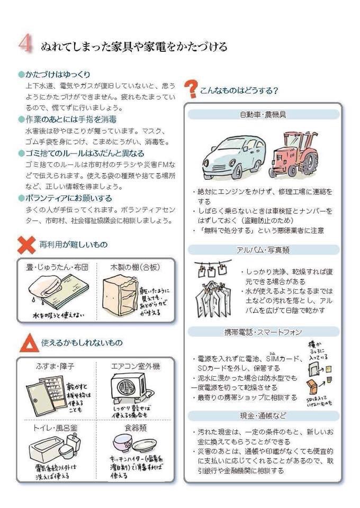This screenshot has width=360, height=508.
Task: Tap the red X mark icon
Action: click(26, 244)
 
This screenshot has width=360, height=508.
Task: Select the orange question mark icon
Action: click(191, 89)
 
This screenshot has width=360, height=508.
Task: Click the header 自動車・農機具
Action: click(263, 114)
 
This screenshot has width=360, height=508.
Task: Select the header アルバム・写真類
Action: click(263, 249)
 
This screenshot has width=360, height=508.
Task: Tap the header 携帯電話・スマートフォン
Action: click(263, 332)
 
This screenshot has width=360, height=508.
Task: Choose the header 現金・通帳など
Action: click(263, 415)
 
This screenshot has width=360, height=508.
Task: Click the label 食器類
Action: click(135, 427)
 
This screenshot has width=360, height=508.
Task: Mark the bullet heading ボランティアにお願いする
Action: click(69, 198)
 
